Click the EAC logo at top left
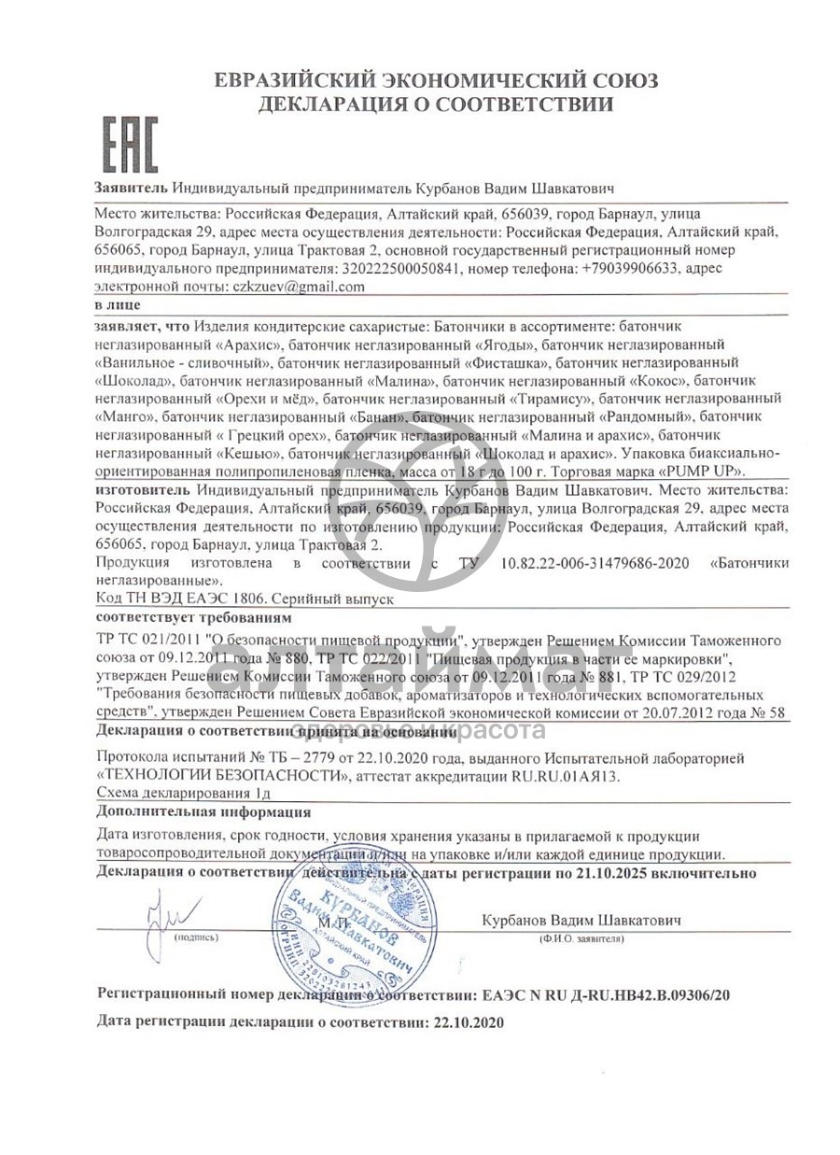[130, 144]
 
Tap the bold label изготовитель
[143, 489]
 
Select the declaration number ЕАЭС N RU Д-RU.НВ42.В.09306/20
[604, 995]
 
